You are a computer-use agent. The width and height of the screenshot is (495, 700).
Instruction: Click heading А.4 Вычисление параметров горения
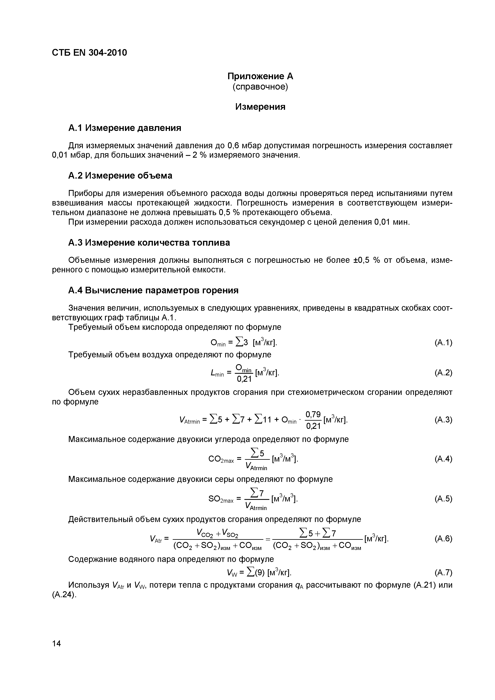[153, 291]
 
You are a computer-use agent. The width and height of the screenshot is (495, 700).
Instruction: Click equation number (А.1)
[443, 343]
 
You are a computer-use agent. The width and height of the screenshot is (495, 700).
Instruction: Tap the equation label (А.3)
[443, 420]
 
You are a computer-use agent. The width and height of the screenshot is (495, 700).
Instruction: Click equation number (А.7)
[443, 572]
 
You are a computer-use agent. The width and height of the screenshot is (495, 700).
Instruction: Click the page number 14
[56, 644]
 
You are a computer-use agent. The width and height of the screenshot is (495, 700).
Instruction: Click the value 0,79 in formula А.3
[313, 414]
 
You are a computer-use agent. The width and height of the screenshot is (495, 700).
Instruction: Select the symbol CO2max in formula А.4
[221, 459]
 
